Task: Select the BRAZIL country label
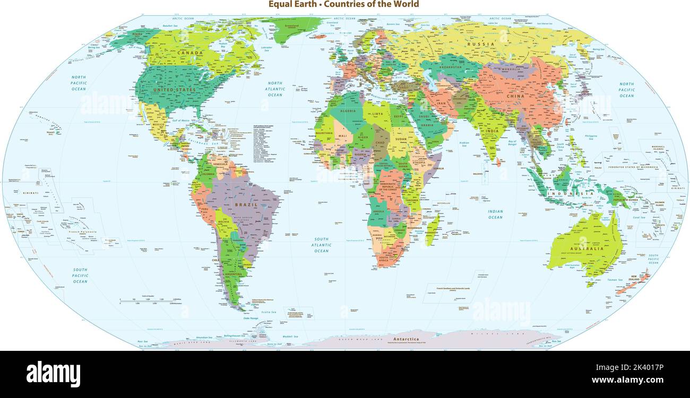245,204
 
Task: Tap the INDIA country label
492,131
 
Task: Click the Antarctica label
406,339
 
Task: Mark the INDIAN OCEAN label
495,214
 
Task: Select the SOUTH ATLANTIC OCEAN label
321,245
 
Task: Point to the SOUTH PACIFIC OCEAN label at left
80,276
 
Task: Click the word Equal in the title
279,4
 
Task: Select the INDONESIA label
574,194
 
